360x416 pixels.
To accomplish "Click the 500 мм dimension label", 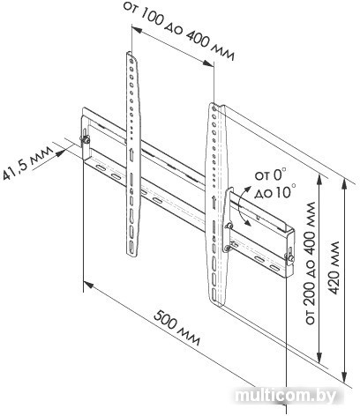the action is click(177, 328).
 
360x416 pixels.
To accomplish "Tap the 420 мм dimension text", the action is click(334, 268).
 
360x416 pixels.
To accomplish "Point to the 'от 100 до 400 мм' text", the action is click(179, 30).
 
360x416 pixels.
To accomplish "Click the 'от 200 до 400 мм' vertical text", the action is click(311, 263).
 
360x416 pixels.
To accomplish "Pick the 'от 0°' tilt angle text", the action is click(271, 175).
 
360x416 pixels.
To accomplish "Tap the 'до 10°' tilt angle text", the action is click(275, 191).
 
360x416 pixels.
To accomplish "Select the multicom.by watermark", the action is click(286, 397).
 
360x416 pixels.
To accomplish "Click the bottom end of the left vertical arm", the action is click(132, 255).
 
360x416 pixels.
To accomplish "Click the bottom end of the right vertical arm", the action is click(218, 303).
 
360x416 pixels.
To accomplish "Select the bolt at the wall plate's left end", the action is click(86, 139).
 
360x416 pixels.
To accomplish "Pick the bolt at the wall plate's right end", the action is click(289, 258).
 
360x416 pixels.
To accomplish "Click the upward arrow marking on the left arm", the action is click(131, 154).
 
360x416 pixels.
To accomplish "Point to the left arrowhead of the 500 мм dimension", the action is click(88, 285).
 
